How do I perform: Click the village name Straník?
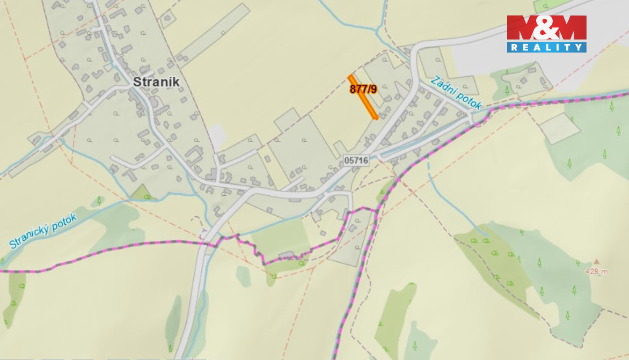156,82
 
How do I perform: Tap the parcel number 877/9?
363,89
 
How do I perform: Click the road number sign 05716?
356,160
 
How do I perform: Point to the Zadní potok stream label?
456,92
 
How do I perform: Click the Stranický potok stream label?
43,230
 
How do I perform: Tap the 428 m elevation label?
596,271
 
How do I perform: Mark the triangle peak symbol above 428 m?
596,262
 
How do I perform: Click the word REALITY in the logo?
546,47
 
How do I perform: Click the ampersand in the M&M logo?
546,28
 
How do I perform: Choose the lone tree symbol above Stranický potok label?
99,201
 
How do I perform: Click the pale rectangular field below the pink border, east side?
559,128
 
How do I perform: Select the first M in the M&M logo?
520,28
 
